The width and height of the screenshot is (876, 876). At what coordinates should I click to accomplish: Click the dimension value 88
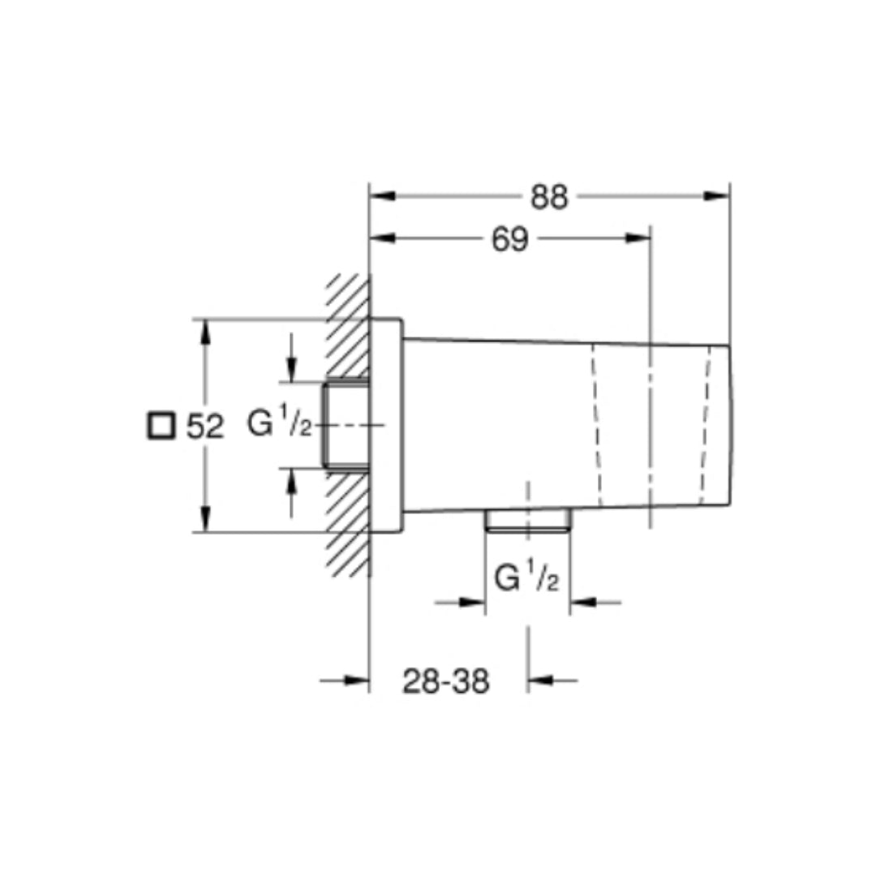click(549, 197)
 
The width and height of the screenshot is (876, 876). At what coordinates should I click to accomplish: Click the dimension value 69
click(510, 239)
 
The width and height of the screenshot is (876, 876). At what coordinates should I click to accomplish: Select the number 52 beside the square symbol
click(204, 427)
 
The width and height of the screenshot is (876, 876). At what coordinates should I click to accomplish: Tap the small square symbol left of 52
click(161, 426)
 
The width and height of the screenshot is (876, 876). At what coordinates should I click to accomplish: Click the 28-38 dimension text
click(446, 682)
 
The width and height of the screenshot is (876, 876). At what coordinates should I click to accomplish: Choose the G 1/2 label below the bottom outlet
click(526, 579)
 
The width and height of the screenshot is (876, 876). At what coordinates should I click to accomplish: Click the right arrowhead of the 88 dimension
click(718, 196)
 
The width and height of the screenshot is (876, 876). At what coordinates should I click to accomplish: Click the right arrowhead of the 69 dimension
click(638, 238)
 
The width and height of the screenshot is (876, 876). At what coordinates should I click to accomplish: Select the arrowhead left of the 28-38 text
click(357, 681)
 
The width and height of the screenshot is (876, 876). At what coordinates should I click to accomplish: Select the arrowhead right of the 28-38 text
click(540, 681)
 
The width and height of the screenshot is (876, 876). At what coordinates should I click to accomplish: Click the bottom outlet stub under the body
click(527, 520)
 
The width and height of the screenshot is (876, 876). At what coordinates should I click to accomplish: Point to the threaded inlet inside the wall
click(346, 424)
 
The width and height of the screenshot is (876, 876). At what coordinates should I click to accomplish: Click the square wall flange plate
click(386, 425)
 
